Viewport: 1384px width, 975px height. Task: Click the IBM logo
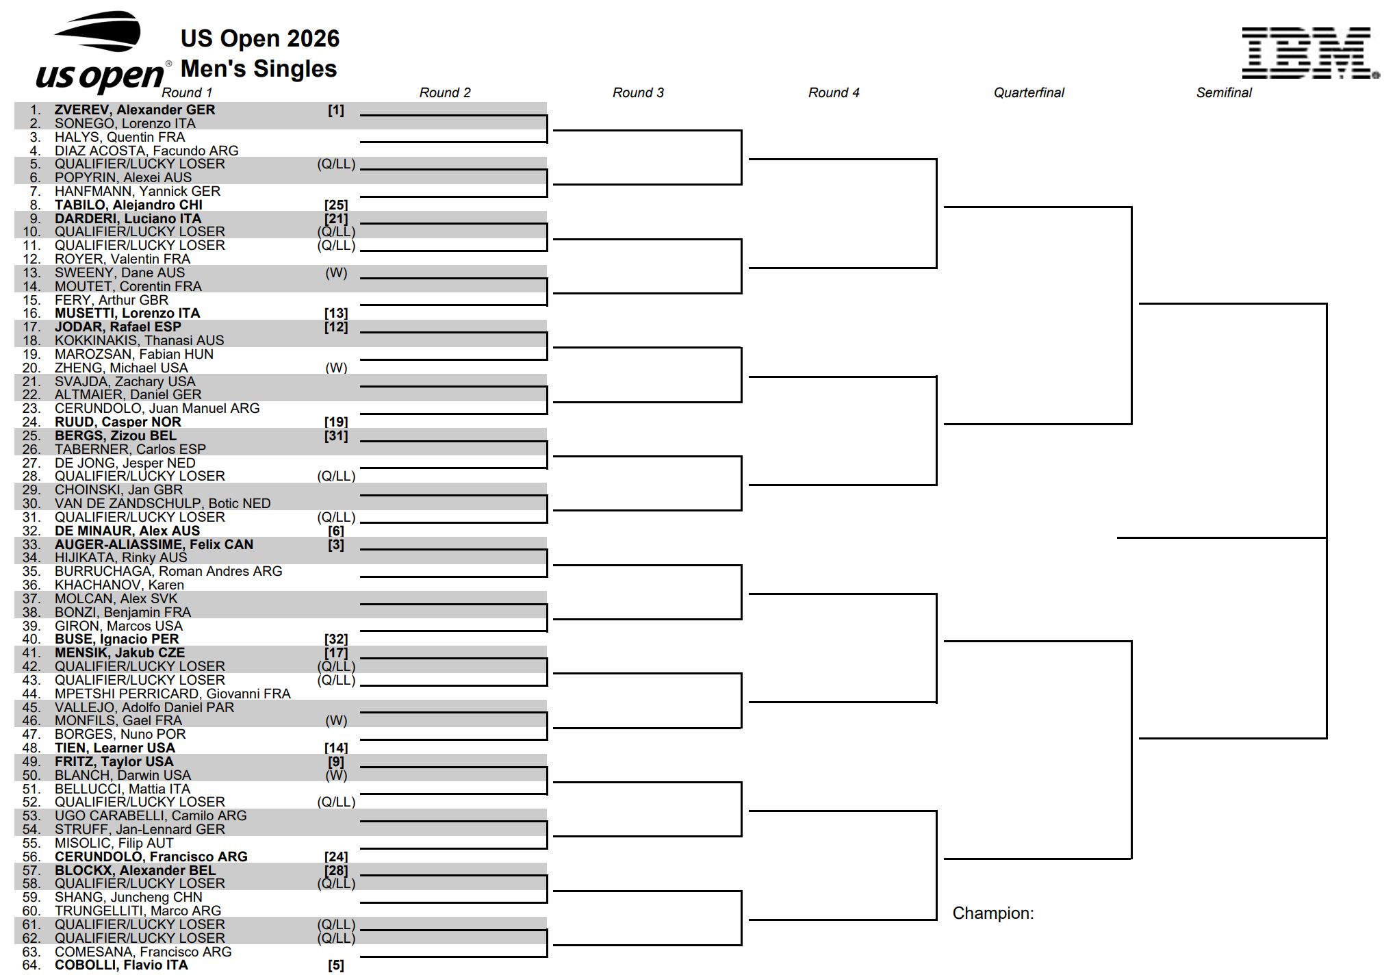point(1310,53)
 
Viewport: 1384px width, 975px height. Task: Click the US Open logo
point(101,52)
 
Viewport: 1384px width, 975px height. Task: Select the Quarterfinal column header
point(1029,92)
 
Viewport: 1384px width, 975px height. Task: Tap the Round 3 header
point(638,92)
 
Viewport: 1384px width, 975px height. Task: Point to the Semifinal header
point(1224,92)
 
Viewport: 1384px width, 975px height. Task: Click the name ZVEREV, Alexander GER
point(135,110)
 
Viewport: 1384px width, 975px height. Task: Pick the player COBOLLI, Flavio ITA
point(121,965)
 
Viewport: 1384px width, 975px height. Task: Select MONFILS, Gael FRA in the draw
point(118,720)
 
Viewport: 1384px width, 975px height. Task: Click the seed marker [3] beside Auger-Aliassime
point(336,544)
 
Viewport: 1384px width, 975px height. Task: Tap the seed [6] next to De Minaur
point(336,531)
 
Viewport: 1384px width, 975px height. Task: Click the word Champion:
point(993,913)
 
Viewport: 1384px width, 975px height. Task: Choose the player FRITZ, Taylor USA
point(114,761)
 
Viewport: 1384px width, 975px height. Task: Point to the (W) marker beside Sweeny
point(336,273)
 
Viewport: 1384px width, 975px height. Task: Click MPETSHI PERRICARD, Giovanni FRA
point(172,694)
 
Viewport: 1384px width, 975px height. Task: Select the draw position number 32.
point(31,531)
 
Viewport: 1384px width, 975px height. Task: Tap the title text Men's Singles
point(259,68)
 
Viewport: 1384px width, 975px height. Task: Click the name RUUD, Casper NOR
point(118,422)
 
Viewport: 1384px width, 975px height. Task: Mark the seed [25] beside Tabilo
point(336,205)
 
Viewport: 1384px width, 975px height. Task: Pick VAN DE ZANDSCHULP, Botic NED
point(163,503)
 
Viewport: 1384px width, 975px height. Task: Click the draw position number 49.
point(31,761)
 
